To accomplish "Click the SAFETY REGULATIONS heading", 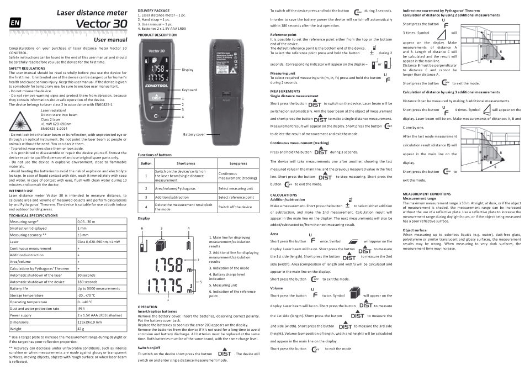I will (27, 68).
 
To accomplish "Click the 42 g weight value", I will (81, 328).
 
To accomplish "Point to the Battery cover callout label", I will (194, 134).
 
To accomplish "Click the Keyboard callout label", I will (189, 89).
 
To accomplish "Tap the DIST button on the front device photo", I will (156, 97).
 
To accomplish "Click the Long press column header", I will (238, 163).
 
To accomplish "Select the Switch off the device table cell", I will (235, 207).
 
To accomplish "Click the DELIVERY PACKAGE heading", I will (154, 10).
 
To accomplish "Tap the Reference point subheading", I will (284, 34).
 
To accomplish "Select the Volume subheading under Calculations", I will (276, 288).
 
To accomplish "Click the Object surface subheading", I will (416, 230).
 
